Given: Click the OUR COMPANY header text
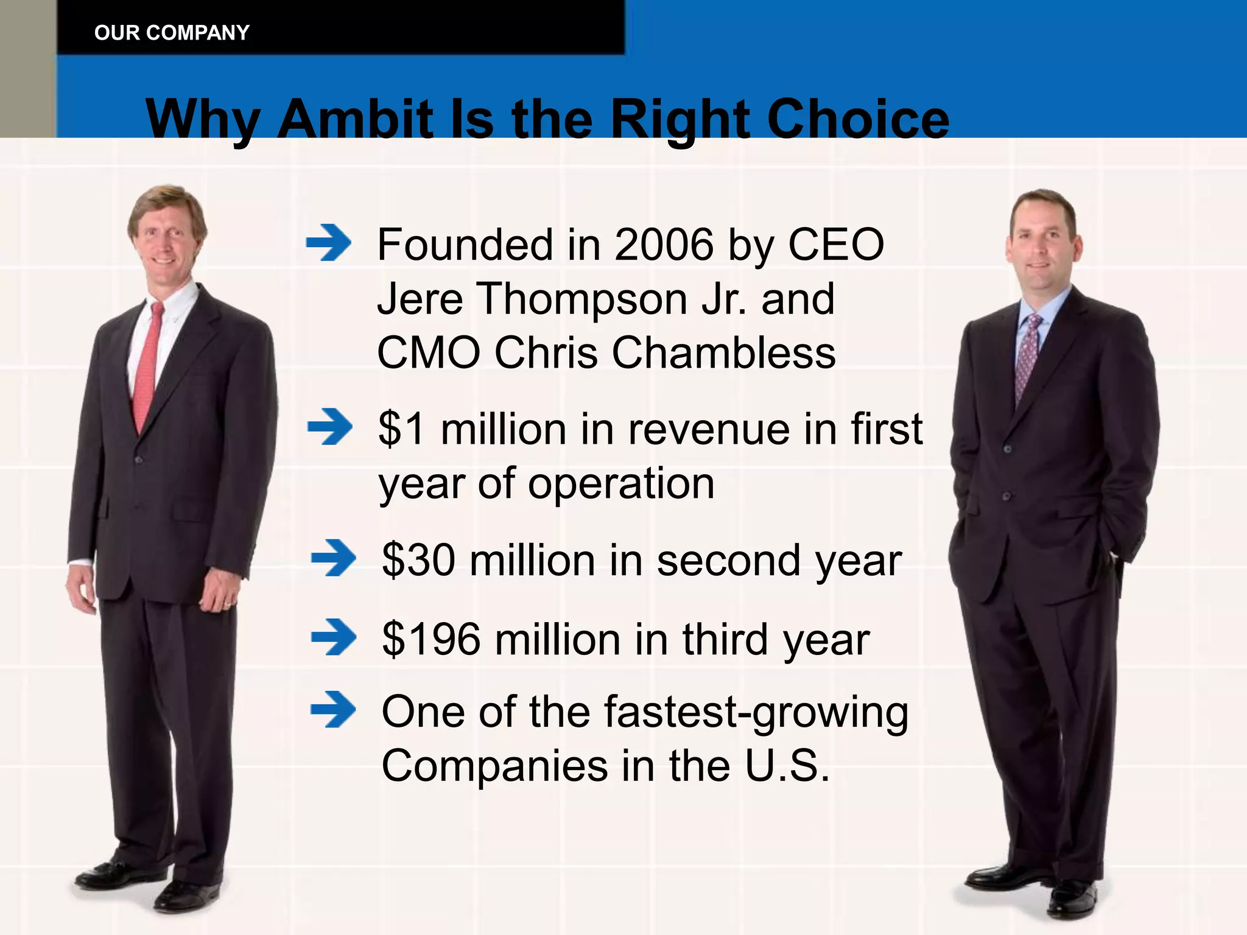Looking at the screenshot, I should pyautogui.click(x=172, y=32).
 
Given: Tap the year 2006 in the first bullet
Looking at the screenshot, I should pyautogui.click(x=664, y=245).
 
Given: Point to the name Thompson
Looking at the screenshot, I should pyautogui.click(x=581, y=299).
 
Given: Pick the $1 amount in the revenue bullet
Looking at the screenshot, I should pyautogui.click(x=401, y=429).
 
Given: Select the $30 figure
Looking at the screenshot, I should pyautogui.click(x=418, y=560).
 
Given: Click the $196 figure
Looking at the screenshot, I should pyautogui.click(x=431, y=639).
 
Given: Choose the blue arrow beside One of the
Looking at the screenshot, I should pyautogui.click(x=333, y=709).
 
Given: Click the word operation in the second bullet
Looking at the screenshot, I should pyautogui.click(x=620, y=484).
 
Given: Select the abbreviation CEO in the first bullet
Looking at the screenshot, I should pyautogui.click(x=835, y=245).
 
